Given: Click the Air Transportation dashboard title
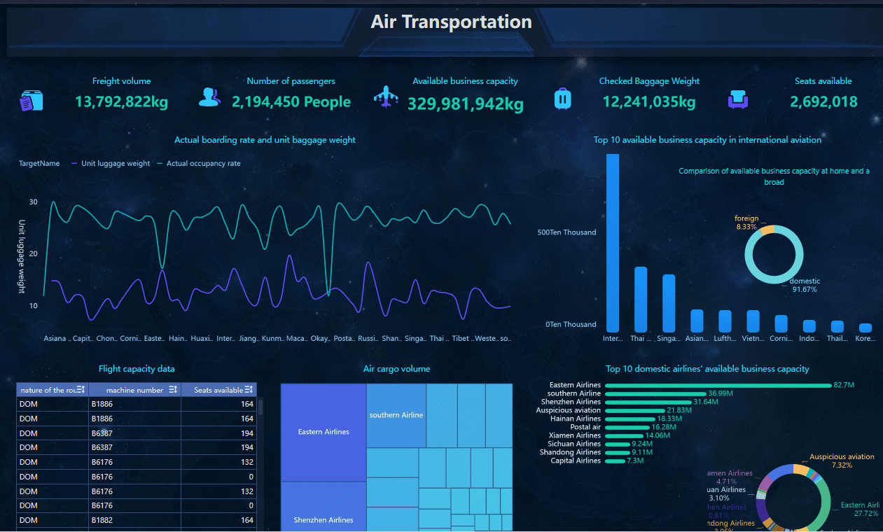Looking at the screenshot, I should pos(451,22).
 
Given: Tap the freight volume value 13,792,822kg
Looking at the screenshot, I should pos(121,102).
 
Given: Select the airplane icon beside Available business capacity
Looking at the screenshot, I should pos(385,97).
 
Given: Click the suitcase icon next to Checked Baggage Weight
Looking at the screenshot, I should pos(563,99).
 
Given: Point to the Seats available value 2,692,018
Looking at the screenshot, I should pos(823,102).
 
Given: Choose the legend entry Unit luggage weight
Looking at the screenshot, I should pos(116,164).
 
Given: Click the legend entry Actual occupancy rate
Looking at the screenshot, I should pos(203,164).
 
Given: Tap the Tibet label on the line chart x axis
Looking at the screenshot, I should pos(461,339).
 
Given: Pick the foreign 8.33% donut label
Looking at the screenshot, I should pos(746,223).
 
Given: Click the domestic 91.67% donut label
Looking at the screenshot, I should pos(805,285).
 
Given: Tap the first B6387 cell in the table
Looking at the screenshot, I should pos(102,434).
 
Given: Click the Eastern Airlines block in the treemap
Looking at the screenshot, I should pos(324,432).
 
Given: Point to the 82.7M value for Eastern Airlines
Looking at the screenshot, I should pos(844,385).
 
